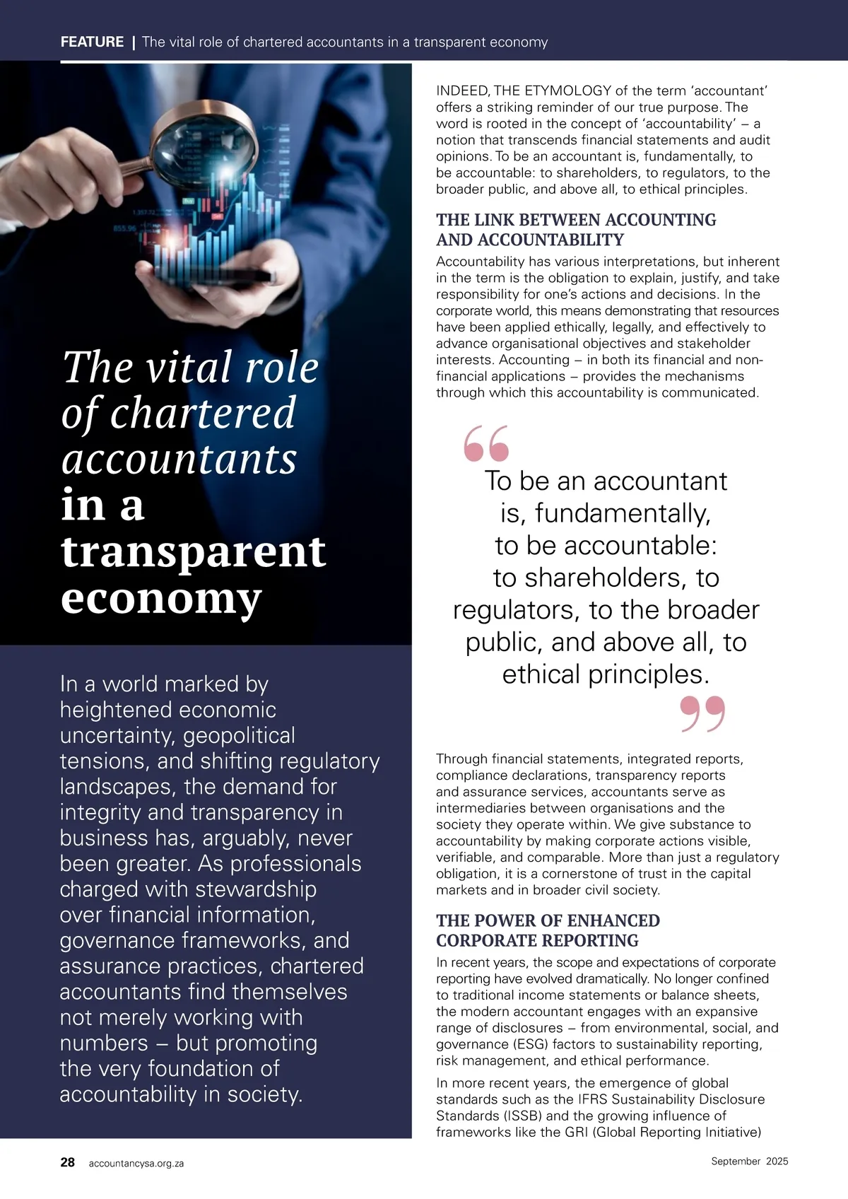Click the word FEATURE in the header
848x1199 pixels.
coord(92,42)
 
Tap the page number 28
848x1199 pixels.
coord(68,1162)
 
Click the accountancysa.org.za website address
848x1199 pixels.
coord(136,1163)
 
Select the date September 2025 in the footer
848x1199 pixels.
coord(749,1161)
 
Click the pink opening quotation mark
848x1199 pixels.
coord(486,443)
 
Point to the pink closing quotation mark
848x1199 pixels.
coord(702,713)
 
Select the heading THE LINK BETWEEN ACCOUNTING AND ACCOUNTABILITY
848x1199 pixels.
coord(576,230)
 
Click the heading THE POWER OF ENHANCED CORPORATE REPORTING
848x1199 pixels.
coord(548,930)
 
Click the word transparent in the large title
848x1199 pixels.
coord(194,551)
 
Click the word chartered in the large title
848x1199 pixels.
coord(203,413)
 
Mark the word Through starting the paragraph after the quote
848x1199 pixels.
coord(462,759)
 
